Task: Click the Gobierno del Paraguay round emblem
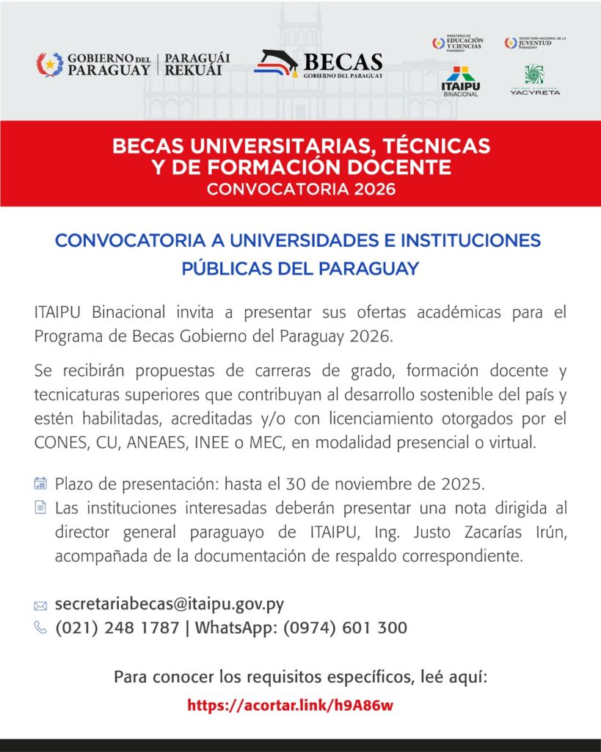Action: pos(50,65)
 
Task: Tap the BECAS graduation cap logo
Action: pos(277,64)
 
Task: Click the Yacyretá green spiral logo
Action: pos(534,76)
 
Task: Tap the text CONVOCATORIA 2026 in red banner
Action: pos(301,189)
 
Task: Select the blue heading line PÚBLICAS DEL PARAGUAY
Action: pos(300,269)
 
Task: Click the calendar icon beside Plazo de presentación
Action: pos(40,483)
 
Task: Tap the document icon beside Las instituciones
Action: pos(40,507)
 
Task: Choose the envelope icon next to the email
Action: pos(40,606)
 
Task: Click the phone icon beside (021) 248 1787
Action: pos(40,628)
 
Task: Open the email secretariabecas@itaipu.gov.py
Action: pos(170,604)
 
